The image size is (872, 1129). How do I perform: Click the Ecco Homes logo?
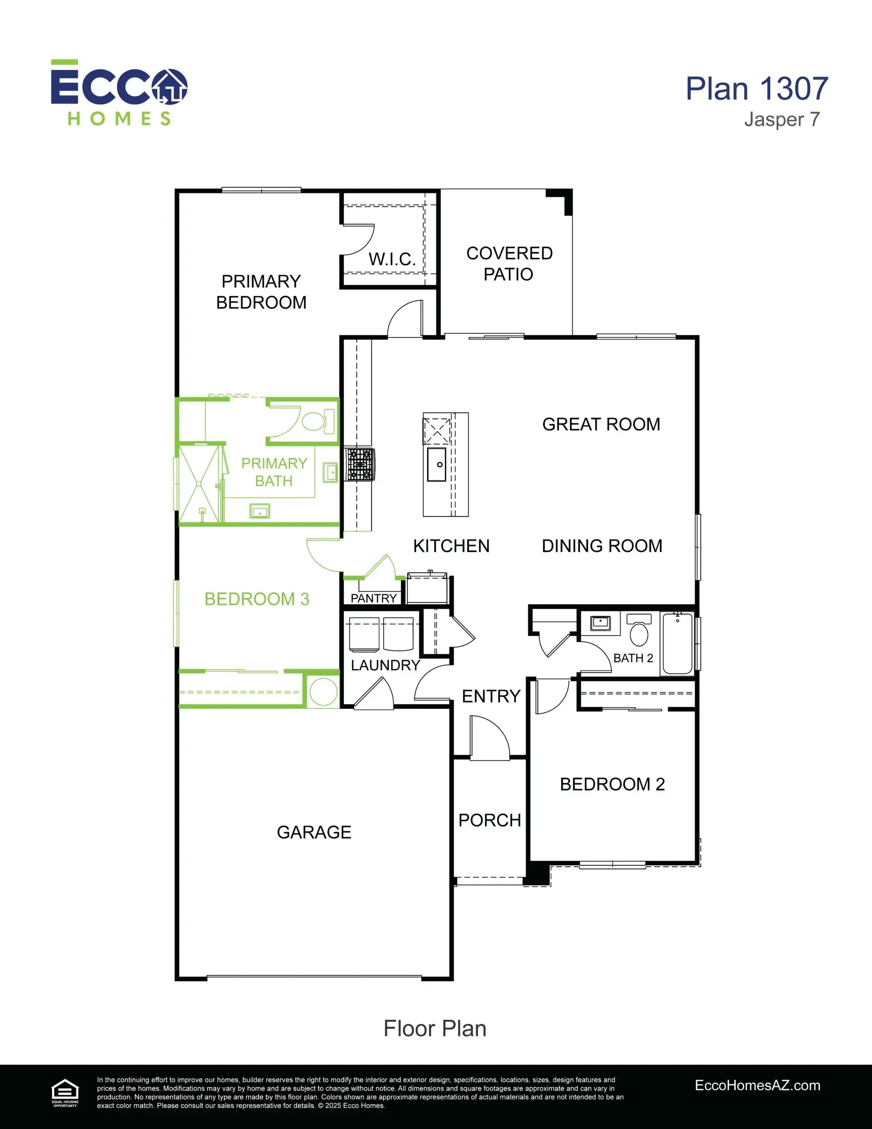[x=119, y=93]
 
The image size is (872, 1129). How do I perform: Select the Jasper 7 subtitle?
[x=782, y=120]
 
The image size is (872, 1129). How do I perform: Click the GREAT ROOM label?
[x=601, y=424]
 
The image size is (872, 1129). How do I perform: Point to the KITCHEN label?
[x=451, y=546]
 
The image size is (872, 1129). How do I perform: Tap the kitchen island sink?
[x=437, y=464]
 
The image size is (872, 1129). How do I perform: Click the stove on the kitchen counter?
[x=360, y=464]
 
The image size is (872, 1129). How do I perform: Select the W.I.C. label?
[x=392, y=259]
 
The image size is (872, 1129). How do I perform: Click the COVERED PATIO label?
[x=509, y=264]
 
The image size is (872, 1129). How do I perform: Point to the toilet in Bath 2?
[x=639, y=629]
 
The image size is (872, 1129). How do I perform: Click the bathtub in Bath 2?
[x=678, y=643]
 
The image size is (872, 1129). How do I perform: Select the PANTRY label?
[x=374, y=598]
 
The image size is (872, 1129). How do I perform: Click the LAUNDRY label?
[x=386, y=665]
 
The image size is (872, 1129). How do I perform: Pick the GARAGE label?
[x=314, y=832]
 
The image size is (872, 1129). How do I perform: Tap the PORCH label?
[x=489, y=820]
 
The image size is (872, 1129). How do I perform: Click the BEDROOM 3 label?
[x=257, y=599]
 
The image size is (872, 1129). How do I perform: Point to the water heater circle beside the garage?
[x=324, y=692]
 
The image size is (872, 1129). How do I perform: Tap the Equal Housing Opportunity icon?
[x=65, y=1094]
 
